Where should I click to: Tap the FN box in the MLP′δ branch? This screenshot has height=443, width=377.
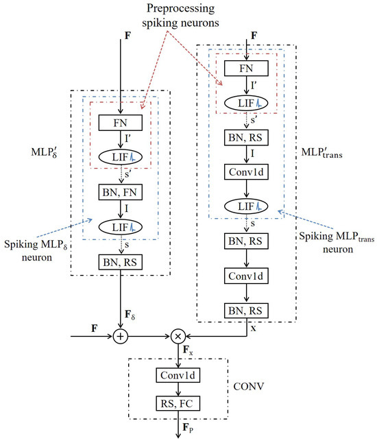pyautogui.click(x=121, y=123)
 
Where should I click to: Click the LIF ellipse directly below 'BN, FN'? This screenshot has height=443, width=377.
pyautogui.click(x=121, y=226)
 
